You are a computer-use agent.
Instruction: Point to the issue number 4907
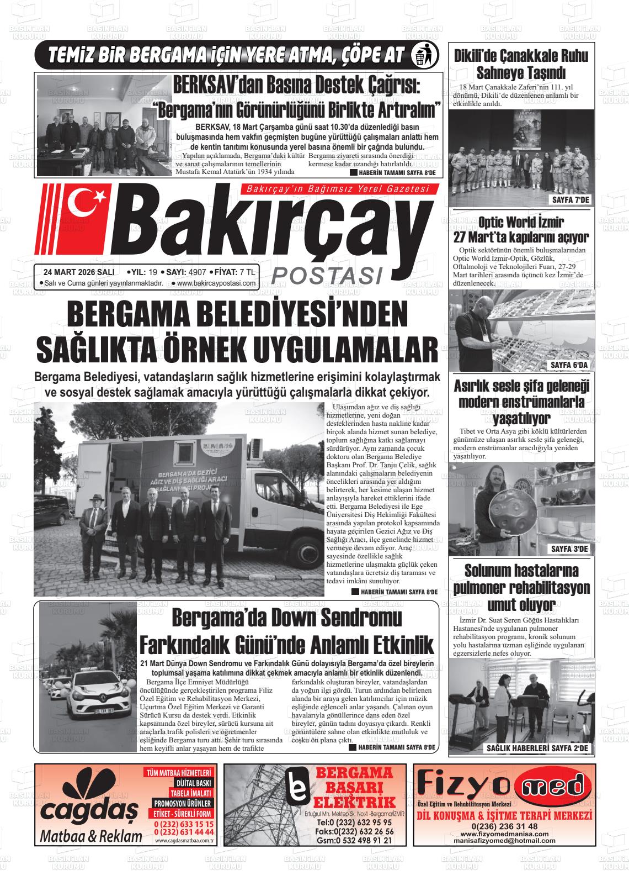197,272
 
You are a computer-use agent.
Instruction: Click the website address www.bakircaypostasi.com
217,283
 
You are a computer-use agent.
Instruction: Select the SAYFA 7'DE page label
571,199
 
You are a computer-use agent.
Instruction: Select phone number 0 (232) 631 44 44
184,831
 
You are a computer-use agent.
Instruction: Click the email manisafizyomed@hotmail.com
504,840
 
